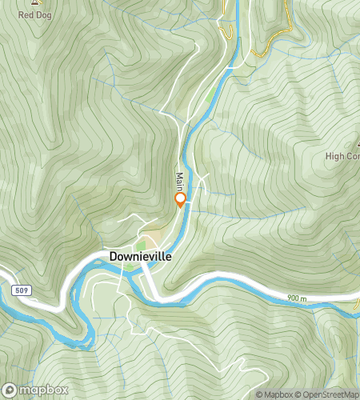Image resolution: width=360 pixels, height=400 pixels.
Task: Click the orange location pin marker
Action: [180, 199]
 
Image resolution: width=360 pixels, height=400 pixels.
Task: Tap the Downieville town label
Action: [140, 257]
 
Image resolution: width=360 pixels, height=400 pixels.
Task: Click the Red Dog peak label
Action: [34, 14]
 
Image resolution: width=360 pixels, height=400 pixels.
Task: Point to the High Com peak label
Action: [342, 157]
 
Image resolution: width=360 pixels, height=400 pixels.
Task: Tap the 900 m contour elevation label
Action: [297, 298]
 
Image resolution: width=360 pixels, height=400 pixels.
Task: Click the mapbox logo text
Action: [38, 390]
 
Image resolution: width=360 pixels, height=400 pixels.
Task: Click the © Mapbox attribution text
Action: [274, 394]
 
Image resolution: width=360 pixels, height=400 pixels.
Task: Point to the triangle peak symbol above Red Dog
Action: [34, 3]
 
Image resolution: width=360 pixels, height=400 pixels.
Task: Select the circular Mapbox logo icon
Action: [10, 390]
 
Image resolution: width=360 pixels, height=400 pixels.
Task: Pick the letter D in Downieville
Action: [113, 257]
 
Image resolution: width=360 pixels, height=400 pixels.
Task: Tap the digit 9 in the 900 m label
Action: [290, 298]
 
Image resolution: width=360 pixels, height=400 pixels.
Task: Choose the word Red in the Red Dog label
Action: [26, 14]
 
